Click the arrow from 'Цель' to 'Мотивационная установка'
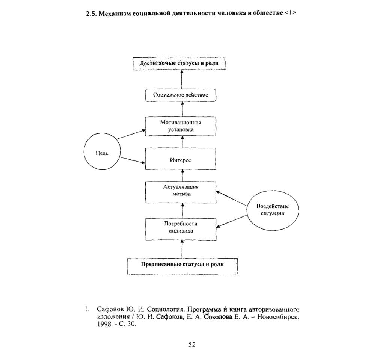(131, 134)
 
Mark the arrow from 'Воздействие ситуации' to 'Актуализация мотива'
(231, 198)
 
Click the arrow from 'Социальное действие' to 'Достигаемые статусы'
(181, 80)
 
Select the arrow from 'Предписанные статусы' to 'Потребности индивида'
(182, 249)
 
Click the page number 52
(192, 345)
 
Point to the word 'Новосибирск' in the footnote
(278, 318)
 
